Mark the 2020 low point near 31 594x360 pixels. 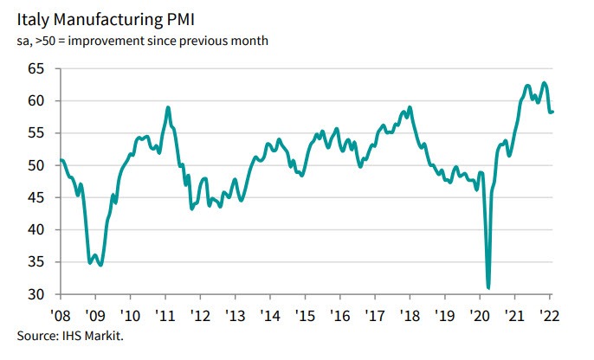[489, 287]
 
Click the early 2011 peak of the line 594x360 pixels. [168, 107]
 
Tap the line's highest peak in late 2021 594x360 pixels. [544, 83]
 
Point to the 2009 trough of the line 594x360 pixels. [101, 264]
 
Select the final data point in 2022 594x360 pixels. [553, 111]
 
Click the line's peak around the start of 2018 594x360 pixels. [410, 107]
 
